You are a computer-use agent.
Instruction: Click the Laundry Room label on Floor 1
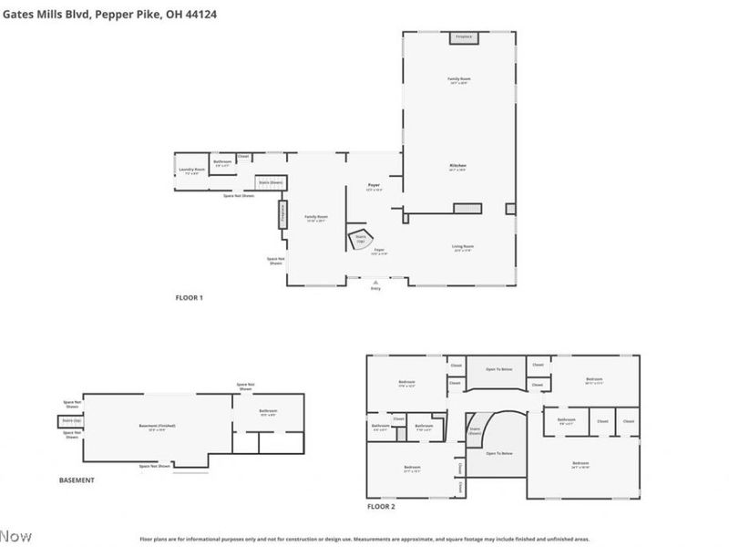coord(191,170)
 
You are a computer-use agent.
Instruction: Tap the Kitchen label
coord(457,168)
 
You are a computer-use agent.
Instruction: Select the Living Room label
coord(463,247)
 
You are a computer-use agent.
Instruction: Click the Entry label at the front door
coord(375,289)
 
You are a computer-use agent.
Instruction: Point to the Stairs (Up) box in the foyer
coord(360,239)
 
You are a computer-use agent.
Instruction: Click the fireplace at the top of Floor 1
coord(464,37)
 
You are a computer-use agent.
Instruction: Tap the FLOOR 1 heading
coord(189,298)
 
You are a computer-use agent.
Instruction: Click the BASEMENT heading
coord(77,480)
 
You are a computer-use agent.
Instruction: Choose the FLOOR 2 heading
coord(381,506)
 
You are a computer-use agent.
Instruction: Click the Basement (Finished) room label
coord(157,426)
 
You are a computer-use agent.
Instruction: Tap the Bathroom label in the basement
coord(268,411)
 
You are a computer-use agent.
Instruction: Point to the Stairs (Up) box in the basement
coord(70,420)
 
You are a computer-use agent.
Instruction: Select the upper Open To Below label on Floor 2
coord(498,369)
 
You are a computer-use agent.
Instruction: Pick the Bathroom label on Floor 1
coord(222,162)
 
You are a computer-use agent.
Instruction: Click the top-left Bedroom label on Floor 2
coord(406,382)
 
